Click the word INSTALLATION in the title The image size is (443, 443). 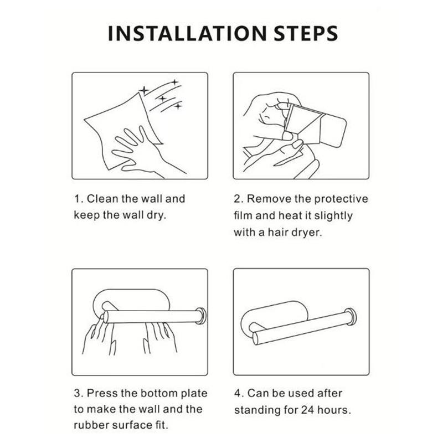[x=187, y=33]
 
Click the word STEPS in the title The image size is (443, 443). [x=306, y=33]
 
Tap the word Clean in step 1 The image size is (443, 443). [x=102, y=199]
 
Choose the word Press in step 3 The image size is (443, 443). [x=102, y=393]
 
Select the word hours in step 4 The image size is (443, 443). [x=334, y=410]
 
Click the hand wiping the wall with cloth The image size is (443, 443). [x=141, y=153]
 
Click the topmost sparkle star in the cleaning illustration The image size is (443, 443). [x=175, y=82]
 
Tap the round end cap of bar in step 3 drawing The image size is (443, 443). [x=202, y=315]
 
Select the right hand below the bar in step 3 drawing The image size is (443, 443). [x=159, y=338]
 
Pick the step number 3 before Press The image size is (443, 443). [x=77, y=393]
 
